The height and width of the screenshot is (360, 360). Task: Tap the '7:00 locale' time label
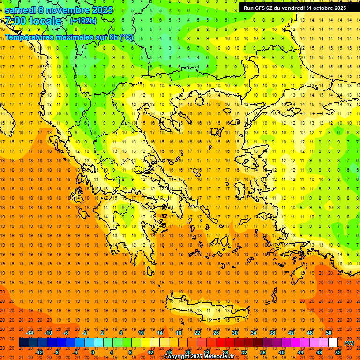(x=33, y=21)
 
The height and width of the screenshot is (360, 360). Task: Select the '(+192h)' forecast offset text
(x=83, y=21)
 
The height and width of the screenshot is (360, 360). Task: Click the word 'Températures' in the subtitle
(x=30, y=37)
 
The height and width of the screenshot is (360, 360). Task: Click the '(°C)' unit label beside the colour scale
(x=349, y=343)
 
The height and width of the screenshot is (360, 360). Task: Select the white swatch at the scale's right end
(x=333, y=343)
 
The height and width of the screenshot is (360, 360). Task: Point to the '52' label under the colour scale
(x=338, y=352)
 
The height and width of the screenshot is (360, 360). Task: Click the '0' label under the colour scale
(x=92, y=352)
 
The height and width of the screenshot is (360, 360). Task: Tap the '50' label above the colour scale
(x=328, y=333)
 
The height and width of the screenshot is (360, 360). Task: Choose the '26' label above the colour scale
(x=216, y=333)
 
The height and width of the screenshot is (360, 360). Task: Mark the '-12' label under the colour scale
(x=39, y=352)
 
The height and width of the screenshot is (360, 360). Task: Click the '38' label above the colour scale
(x=272, y=333)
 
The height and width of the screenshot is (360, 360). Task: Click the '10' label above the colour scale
(x=141, y=333)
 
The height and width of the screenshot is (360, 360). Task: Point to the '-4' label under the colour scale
(x=75, y=352)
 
